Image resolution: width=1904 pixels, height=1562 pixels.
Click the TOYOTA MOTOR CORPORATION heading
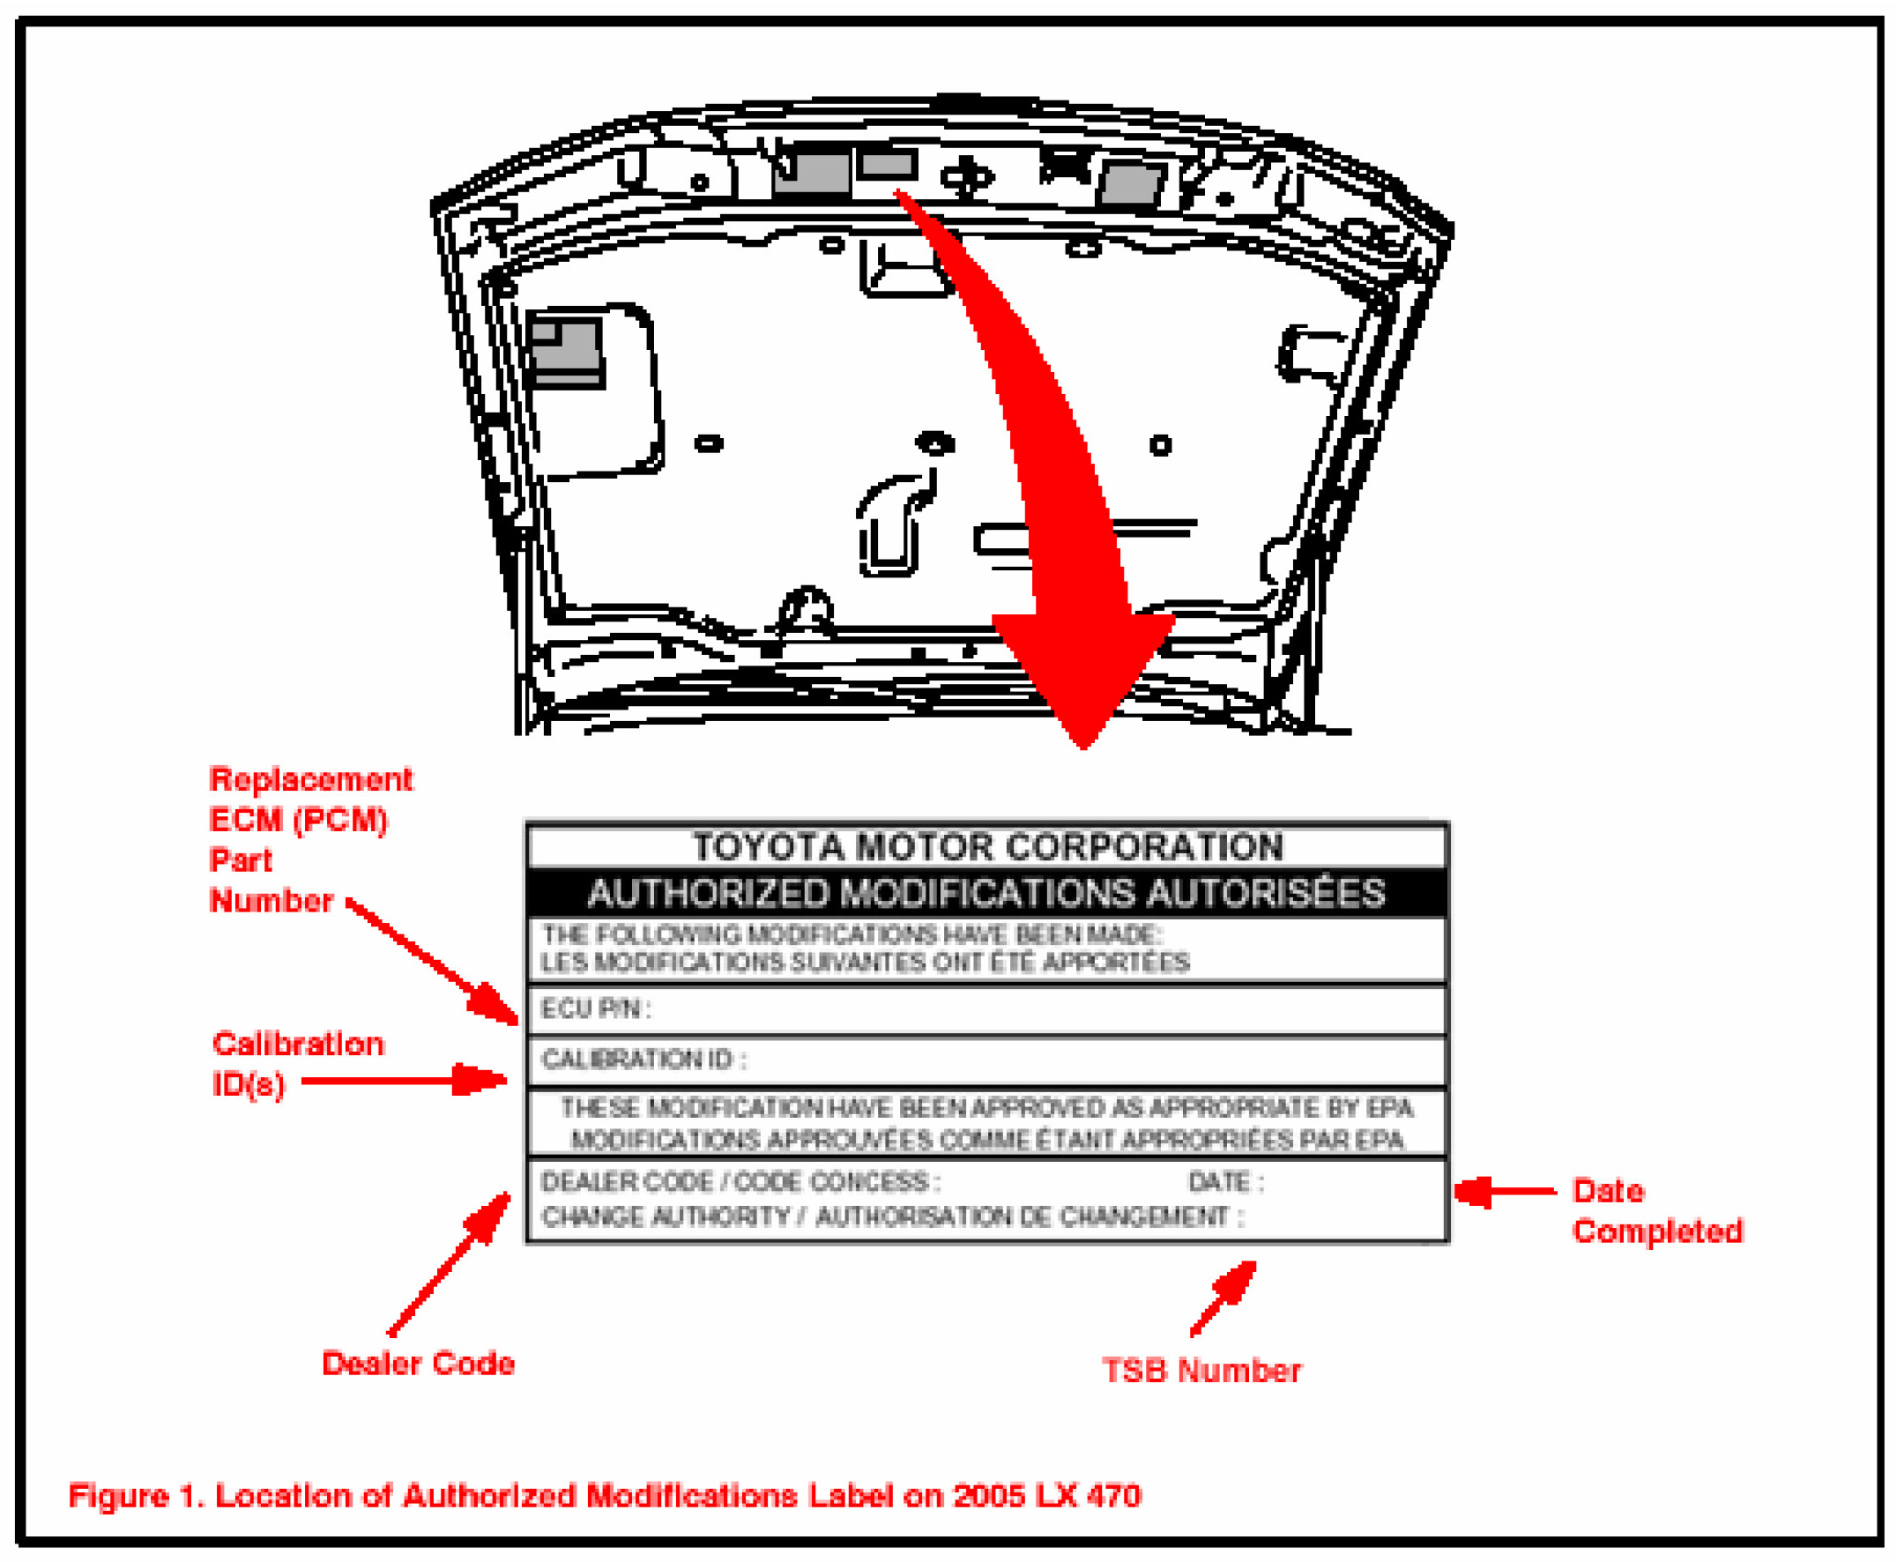(987, 847)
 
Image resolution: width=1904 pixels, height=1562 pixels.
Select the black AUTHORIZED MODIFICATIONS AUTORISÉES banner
(987, 893)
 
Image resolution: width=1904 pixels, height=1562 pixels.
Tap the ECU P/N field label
(595, 1008)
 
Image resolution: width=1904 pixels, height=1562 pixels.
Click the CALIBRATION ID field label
(643, 1059)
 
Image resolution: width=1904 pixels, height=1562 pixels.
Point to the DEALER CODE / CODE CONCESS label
(740, 1181)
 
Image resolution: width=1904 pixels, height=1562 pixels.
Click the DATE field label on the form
(1225, 1181)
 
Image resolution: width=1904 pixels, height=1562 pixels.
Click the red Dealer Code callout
(419, 1363)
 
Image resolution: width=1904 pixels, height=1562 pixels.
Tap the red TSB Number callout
(1201, 1371)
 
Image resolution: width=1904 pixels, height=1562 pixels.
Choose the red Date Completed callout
(1656, 1210)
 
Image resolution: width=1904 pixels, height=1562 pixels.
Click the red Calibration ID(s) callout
(298, 1064)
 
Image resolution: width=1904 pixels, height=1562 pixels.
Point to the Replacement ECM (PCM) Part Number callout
(310, 839)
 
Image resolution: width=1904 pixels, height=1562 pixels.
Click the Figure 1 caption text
(605, 1495)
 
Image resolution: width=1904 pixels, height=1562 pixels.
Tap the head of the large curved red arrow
(1083, 747)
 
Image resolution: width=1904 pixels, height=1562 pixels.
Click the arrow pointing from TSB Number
(1223, 1297)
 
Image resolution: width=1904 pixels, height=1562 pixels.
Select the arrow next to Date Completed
(1506, 1191)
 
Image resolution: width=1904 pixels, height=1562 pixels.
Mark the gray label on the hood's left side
(565, 352)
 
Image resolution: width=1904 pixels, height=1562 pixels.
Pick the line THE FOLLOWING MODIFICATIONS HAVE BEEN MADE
(852, 934)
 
